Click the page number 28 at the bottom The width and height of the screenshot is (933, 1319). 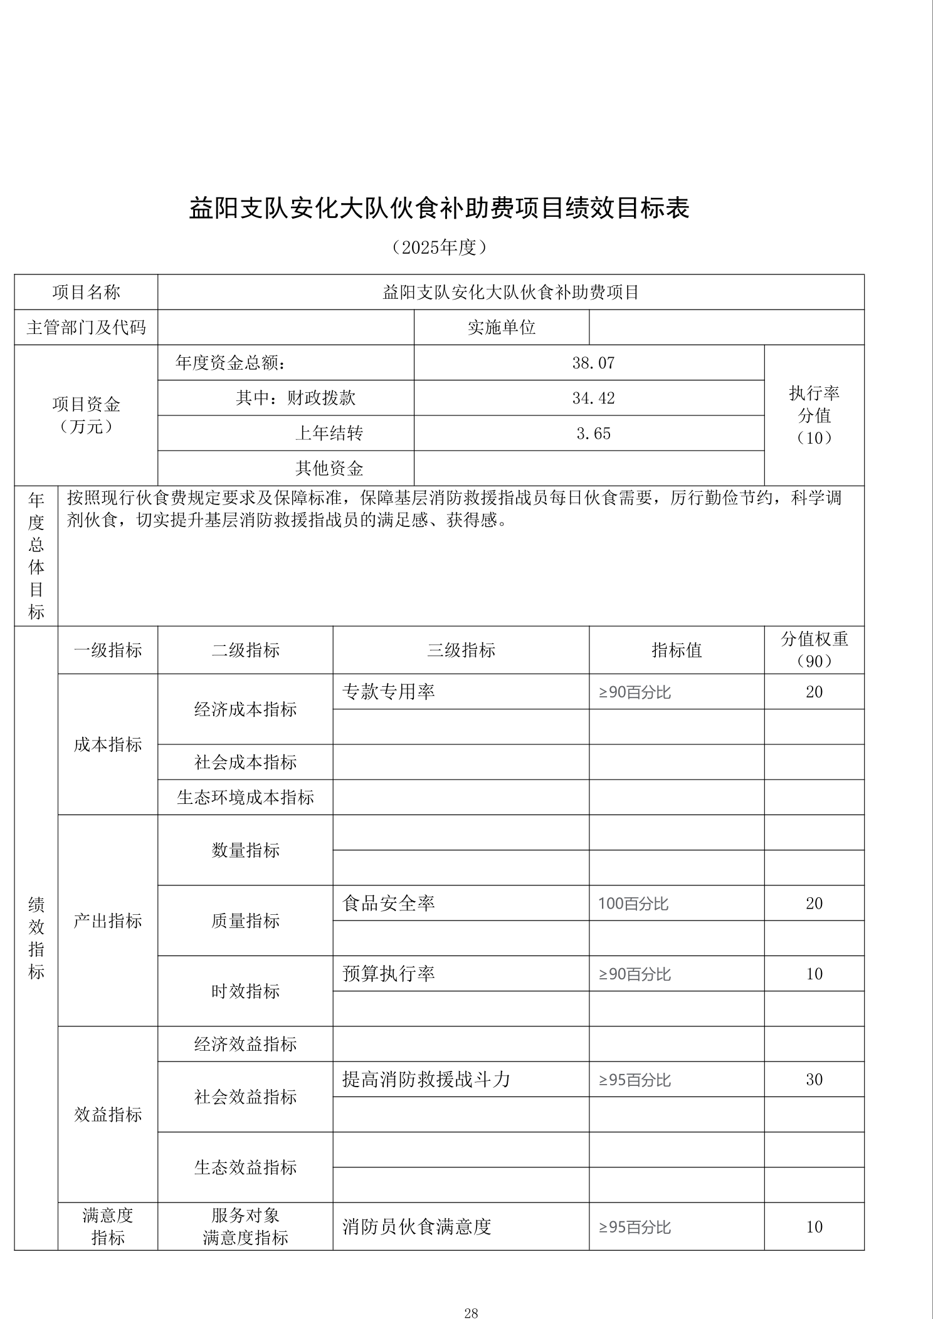[471, 1295]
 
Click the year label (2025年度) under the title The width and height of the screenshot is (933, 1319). [439, 248]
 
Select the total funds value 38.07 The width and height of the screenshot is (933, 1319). [593, 363]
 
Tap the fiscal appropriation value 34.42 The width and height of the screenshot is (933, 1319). [593, 398]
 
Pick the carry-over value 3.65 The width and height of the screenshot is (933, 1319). [593, 433]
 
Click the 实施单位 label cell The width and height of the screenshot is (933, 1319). [501, 327]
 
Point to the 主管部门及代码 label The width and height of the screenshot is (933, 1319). [86, 327]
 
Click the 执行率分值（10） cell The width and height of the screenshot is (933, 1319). [814, 415]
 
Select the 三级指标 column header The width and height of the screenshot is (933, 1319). [461, 650]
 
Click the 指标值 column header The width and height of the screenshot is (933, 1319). [677, 650]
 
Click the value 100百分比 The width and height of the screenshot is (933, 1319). [633, 903]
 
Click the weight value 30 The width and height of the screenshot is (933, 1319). [814, 1079]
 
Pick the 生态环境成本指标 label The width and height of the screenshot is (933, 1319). [245, 797]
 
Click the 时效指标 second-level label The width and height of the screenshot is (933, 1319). [245, 991]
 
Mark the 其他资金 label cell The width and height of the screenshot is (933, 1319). [329, 468]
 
